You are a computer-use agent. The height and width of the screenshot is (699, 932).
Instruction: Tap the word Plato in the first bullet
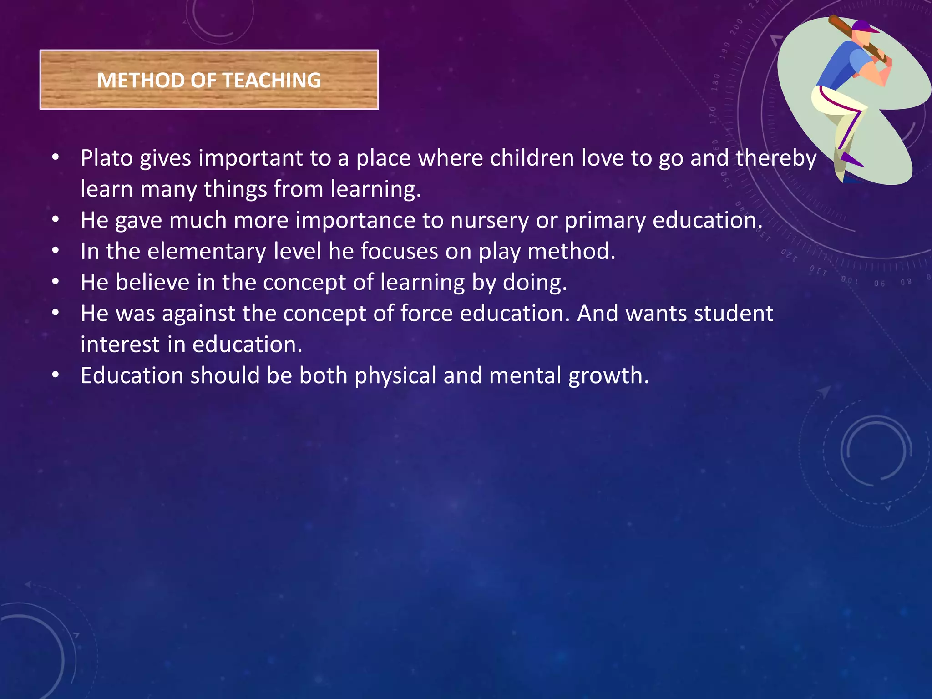pos(107,158)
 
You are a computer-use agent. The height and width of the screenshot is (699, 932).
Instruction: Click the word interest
pos(120,344)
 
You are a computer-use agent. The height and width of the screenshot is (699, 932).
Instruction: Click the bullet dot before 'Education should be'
pos(56,375)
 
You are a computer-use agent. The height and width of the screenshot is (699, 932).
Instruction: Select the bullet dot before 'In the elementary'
pos(56,251)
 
